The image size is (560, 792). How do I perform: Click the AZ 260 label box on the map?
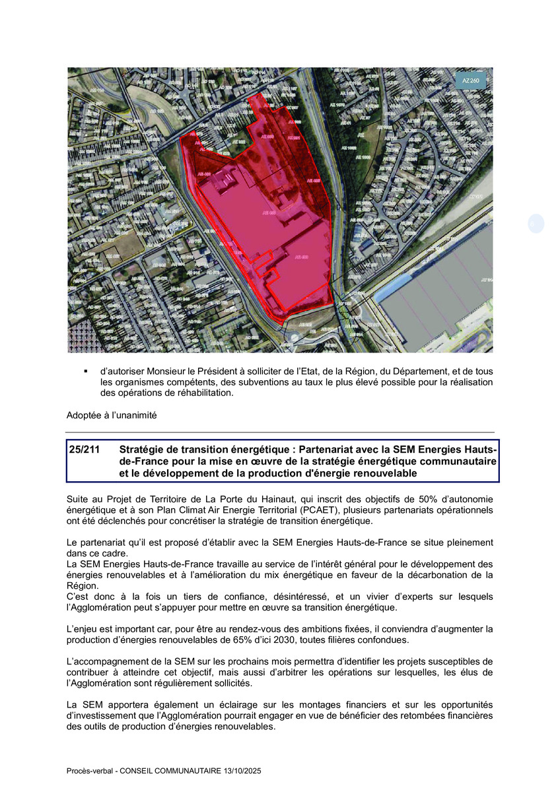tap(471, 80)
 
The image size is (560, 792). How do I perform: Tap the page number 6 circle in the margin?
tap(536, 224)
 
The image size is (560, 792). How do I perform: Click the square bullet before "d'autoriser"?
tap(86, 372)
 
